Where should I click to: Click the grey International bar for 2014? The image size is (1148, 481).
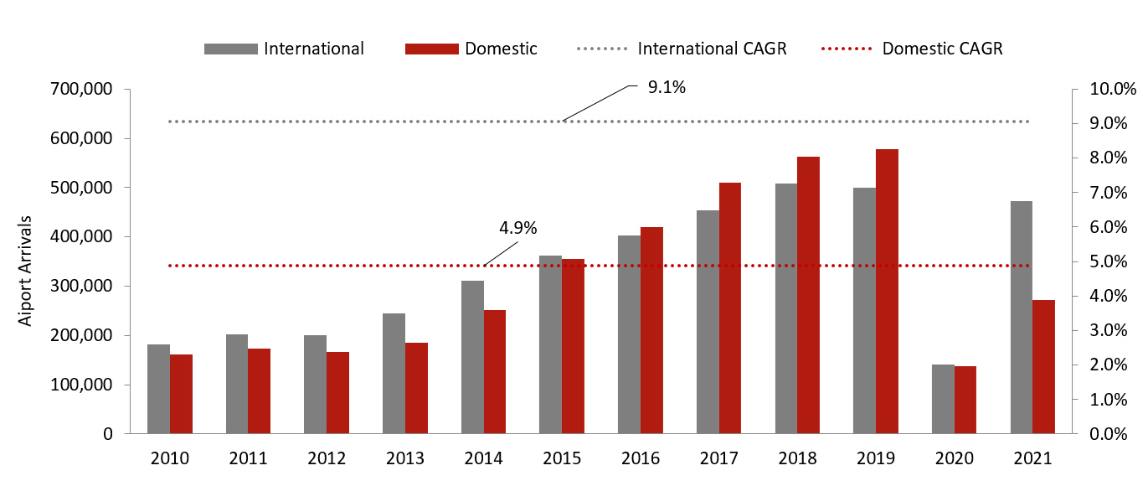coord(472,357)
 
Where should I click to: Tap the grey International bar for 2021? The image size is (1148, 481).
coord(1021,318)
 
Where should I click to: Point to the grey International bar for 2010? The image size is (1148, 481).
coord(158,389)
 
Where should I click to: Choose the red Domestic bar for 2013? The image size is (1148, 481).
coord(416,388)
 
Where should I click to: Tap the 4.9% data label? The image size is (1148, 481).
coord(517,228)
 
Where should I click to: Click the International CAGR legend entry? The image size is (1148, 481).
coord(712,49)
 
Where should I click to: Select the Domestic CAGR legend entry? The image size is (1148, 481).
coord(942,49)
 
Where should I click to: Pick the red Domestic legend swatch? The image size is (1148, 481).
coord(431,49)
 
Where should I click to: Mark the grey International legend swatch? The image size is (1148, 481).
coord(230,49)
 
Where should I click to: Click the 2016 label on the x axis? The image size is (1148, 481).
coord(640,458)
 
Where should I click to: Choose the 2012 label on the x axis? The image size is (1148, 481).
coord(327,458)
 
